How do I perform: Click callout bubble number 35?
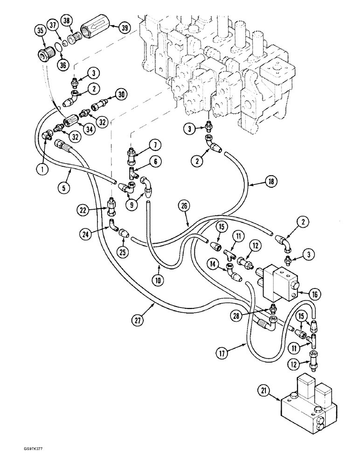coord(40,31)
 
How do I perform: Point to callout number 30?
coord(122,95)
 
